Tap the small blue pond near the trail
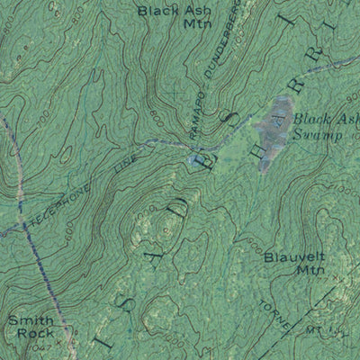195,160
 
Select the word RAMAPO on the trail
198,121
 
